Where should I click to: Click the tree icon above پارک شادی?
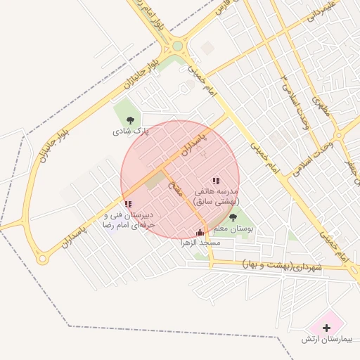point(129,120)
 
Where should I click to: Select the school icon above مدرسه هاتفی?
point(215,181)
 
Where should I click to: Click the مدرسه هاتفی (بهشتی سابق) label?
point(215,196)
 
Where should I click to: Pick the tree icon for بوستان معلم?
point(233,217)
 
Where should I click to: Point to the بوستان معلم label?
point(233,229)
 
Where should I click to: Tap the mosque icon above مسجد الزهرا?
point(201,232)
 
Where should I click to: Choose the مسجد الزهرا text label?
point(201,243)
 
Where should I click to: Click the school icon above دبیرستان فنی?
point(128,204)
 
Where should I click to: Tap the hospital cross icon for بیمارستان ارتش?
point(326,328)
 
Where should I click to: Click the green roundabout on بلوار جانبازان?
point(177,46)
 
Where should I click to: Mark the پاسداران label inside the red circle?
point(192,143)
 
